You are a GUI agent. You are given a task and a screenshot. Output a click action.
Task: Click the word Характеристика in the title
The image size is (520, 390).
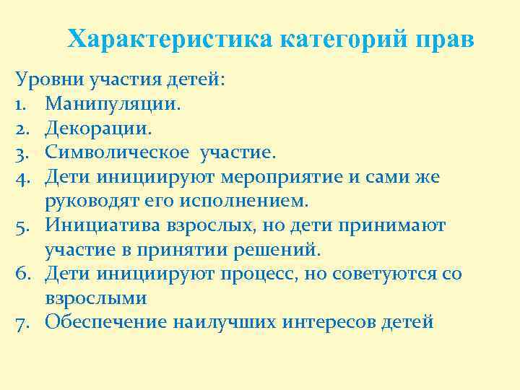[170, 39]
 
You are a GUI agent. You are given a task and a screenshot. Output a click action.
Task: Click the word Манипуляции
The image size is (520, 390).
[113, 104]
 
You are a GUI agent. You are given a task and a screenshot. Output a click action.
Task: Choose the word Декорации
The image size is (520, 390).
[98, 129]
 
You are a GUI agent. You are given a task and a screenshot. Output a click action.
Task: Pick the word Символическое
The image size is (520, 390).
[119, 152]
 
